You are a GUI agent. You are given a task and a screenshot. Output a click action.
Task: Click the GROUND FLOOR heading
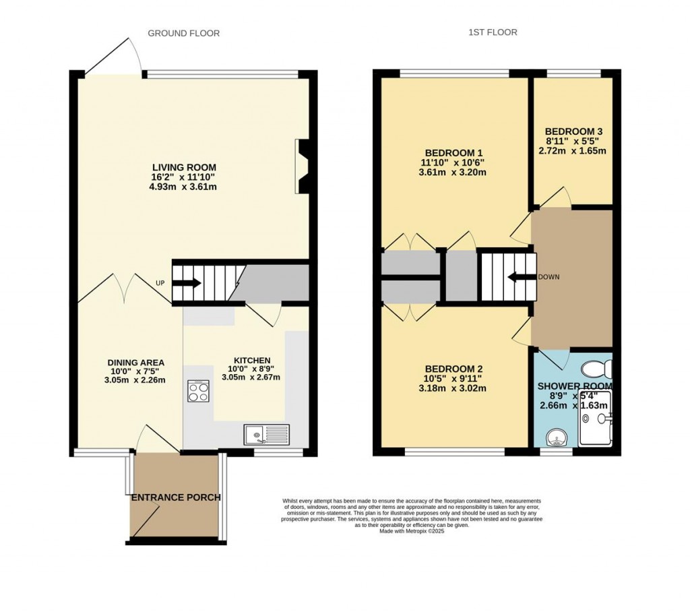tap(183, 33)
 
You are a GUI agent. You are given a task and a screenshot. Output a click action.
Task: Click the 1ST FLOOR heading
tap(494, 32)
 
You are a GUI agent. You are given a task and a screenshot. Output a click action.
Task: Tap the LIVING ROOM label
tap(184, 167)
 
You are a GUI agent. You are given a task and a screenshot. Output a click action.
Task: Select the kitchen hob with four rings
tap(199, 392)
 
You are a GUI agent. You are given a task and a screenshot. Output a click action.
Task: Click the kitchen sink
tap(267, 435)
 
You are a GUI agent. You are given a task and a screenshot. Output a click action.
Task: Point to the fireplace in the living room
tap(303, 166)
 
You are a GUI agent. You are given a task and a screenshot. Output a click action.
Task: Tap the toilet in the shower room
tap(596, 369)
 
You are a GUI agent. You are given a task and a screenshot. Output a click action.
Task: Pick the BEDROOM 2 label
tap(453, 369)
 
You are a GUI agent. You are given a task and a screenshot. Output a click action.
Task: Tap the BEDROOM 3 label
tap(573, 131)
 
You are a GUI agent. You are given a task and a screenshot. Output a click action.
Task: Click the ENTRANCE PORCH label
tap(175, 497)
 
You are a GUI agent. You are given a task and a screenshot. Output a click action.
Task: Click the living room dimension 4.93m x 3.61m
tap(184, 187)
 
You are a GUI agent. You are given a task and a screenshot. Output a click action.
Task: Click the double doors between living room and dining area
tap(125, 286)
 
